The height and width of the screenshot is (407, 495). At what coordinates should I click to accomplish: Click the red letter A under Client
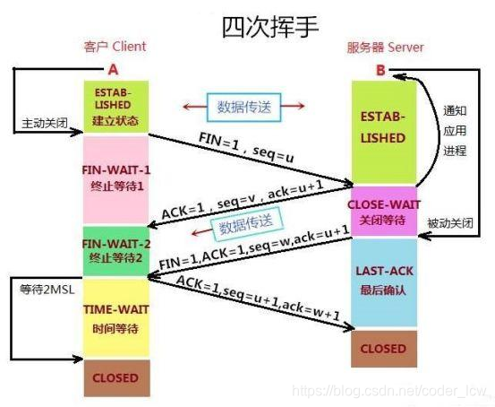click(112, 69)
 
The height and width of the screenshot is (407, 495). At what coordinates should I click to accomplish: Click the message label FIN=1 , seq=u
click(247, 148)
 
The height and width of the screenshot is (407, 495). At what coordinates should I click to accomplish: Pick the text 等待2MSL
click(43, 290)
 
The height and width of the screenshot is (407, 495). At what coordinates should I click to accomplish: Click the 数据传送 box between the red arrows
click(242, 107)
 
